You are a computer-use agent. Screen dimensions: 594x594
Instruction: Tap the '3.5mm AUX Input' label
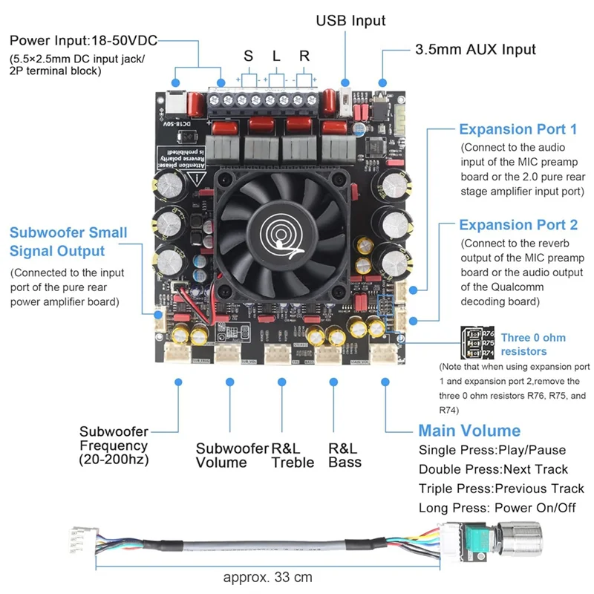(475, 50)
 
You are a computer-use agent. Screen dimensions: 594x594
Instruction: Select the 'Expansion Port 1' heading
(518, 129)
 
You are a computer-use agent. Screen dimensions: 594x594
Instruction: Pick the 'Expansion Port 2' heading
(518, 224)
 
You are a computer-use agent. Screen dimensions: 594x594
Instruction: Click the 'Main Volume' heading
(469, 431)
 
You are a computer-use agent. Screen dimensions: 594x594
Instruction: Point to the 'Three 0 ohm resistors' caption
(533, 345)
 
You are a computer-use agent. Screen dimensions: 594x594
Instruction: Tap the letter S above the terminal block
(248, 56)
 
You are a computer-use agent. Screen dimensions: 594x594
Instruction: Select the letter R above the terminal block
(304, 56)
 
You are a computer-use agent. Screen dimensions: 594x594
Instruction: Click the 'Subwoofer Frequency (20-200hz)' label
(114, 445)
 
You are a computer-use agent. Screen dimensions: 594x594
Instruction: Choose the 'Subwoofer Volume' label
(231, 455)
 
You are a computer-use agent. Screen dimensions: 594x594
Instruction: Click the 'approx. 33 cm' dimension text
(268, 577)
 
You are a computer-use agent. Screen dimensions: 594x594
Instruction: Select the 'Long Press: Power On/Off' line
(497, 508)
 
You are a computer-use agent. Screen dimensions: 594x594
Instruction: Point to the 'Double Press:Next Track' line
(493, 469)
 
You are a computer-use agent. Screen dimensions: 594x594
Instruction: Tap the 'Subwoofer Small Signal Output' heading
(68, 242)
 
